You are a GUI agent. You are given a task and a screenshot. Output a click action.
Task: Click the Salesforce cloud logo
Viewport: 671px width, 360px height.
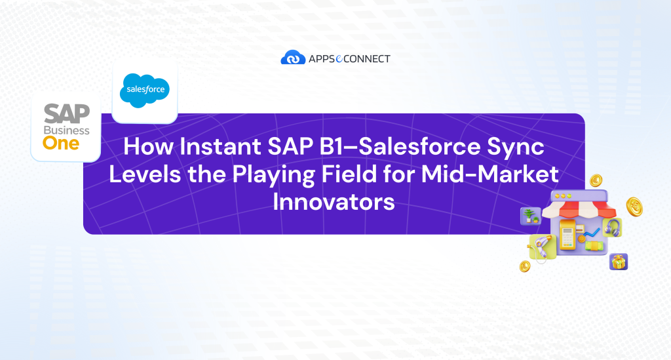click(145, 91)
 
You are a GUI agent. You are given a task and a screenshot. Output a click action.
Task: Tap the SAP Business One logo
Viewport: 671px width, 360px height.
click(66, 127)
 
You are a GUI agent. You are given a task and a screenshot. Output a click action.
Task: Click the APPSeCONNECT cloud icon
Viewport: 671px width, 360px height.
click(293, 58)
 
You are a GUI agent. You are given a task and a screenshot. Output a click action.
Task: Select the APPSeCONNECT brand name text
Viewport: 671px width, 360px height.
click(349, 59)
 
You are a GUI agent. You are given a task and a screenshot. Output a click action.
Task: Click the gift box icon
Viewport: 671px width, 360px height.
click(618, 262)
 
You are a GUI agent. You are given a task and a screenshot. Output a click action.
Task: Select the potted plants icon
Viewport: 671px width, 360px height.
click(529, 216)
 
